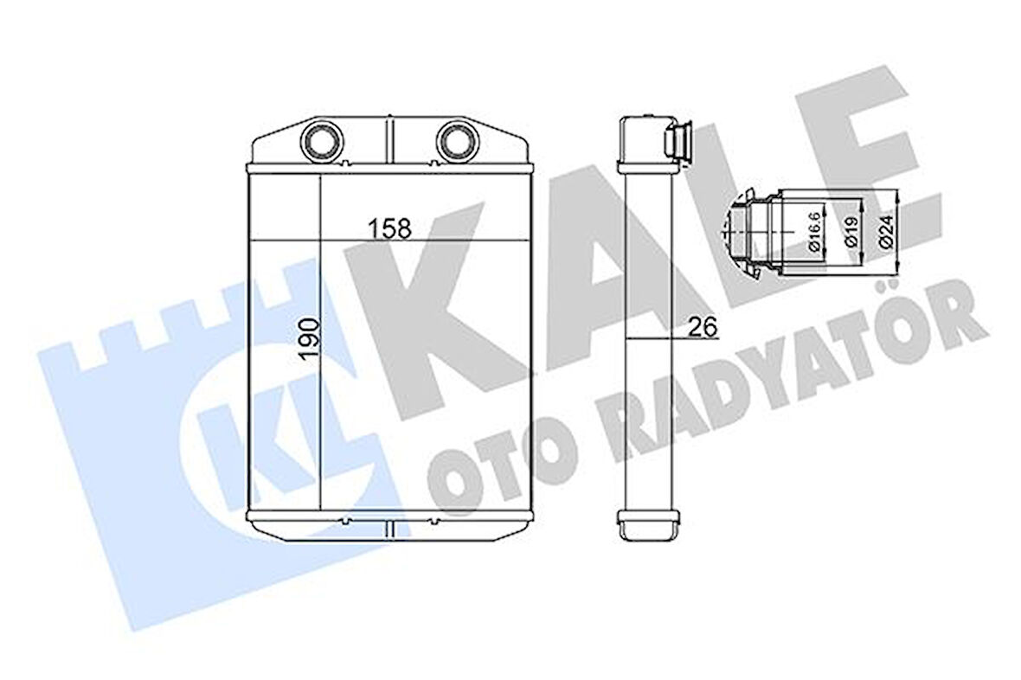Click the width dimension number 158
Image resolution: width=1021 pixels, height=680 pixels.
[389, 229]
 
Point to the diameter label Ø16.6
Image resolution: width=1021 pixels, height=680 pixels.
[813, 232]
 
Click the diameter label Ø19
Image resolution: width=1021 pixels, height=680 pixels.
[851, 231]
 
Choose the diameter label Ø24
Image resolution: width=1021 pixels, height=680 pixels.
[888, 231]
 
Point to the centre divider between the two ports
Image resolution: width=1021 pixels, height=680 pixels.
[388, 138]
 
